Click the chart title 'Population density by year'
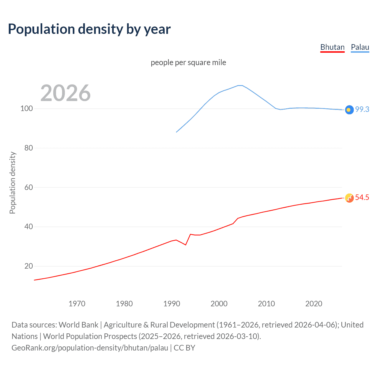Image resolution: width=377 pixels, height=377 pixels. pos(89,29)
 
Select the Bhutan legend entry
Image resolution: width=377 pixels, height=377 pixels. pos(332,47)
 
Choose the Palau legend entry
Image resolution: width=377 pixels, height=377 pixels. pos(360,47)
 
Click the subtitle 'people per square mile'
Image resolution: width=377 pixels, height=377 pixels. pos(188,62)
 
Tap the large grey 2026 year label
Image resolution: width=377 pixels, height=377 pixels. pos(65,93)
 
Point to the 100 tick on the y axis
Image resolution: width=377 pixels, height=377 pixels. pos(27,109)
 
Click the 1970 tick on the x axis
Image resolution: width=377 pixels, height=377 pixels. pos(77,304)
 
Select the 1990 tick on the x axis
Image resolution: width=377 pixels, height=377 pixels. pos(172,304)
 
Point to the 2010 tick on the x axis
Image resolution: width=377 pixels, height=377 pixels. pos(266,304)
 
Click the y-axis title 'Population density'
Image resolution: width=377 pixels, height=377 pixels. pos(12,183)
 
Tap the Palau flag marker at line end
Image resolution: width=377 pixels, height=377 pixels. pos(349,110)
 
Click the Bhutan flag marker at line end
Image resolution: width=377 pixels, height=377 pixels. pos(349,198)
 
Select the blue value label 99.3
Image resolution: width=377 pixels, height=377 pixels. pos(362,109)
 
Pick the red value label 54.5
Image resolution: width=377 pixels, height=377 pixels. pos(362,197)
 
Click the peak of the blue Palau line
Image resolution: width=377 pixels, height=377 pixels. pos(240,85)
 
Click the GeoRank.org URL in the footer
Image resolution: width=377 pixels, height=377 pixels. pos(90,348)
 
